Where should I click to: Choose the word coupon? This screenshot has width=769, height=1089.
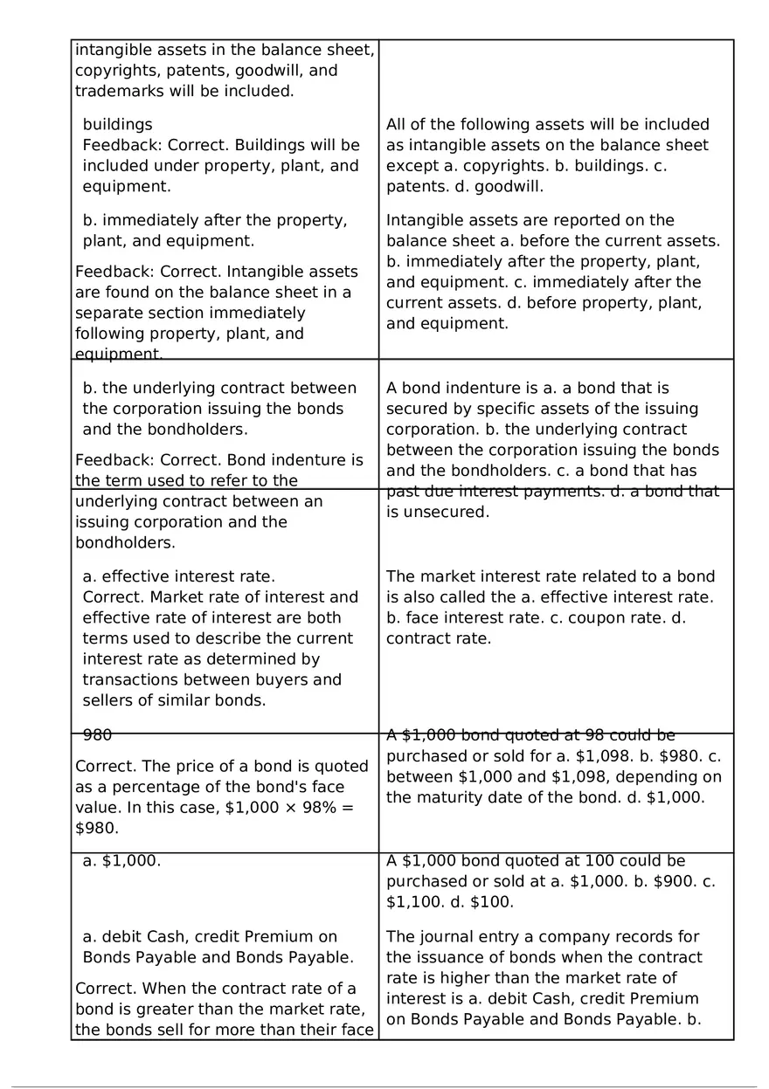612,618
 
